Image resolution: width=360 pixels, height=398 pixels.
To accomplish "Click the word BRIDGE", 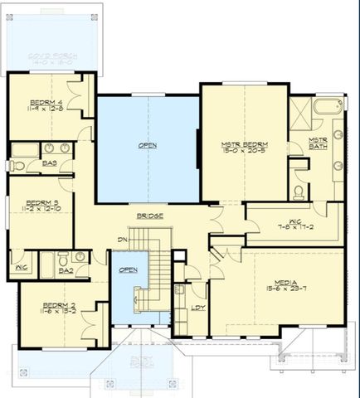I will [x=149, y=216].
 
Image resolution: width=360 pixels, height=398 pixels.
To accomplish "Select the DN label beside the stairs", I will [x=123, y=240].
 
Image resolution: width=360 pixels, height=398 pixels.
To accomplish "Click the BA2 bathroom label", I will [x=66, y=269].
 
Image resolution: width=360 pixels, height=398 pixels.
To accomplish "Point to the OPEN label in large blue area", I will [x=147, y=146].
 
